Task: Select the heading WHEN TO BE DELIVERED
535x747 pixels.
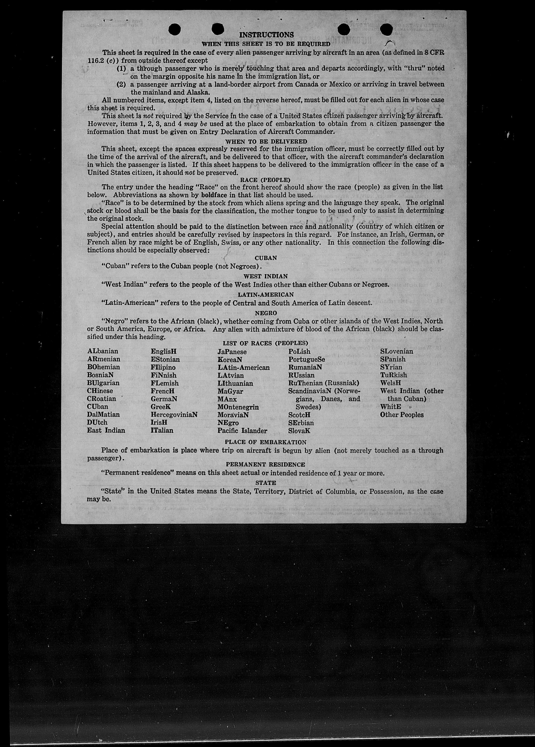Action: (x=266, y=141)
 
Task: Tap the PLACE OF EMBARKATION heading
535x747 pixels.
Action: (x=265, y=442)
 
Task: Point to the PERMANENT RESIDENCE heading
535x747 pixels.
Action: (x=265, y=464)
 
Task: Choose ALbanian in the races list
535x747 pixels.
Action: (x=103, y=351)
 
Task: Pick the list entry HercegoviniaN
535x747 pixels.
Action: (x=174, y=415)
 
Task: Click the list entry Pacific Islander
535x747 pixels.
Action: (x=242, y=430)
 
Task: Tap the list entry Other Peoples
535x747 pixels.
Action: (x=402, y=415)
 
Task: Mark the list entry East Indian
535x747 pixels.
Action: (x=106, y=430)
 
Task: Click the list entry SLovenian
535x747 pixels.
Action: (x=396, y=351)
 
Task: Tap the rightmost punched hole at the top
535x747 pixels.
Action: (x=386, y=30)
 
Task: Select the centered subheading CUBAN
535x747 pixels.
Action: (x=265, y=258)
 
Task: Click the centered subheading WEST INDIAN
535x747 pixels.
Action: (x=265, y=276)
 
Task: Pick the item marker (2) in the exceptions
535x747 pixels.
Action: (x=122, y=84)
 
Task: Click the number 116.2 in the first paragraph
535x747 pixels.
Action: (x=96, y=61)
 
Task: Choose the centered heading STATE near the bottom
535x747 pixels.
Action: (x=265, y=483)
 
